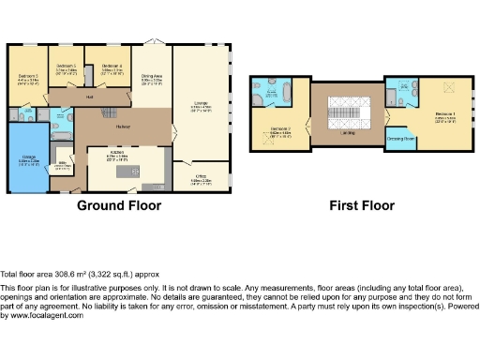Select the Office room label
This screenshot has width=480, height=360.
click(x=200, y=177)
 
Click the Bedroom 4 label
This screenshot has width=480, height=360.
click(x=112, y=67)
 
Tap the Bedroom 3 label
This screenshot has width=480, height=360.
click(x=65, y=67)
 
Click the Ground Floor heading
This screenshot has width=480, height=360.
click(x=118, y=205)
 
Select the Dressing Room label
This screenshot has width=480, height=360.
click(x=400, y=139)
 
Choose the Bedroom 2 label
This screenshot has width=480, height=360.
click(x=282, y=130)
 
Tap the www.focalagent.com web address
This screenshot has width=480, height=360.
click(x=42, y=316)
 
